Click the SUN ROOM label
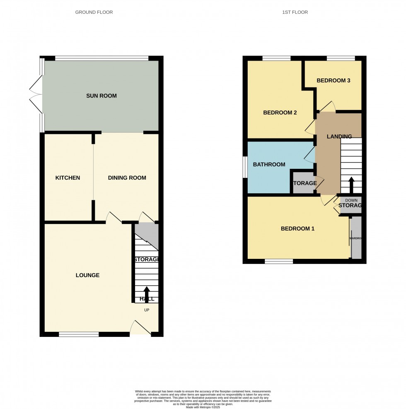tap(101, 96)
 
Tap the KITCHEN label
tap(68, 178)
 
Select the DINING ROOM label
tap(127, 178)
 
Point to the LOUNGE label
tap(87, 275)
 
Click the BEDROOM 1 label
tap(297, 229)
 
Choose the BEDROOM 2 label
tap(280, 112)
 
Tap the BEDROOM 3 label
tap(333, 81)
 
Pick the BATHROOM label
tap(269, 165)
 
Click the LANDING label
tap(339, 136)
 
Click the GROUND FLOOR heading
tap(94, 12)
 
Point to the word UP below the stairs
tap(146, 310)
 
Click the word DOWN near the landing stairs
tap(351, 200)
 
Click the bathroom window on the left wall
tap(245, 167)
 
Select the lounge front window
tap(79, 334)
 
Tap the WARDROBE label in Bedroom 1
tap(355, 239)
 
